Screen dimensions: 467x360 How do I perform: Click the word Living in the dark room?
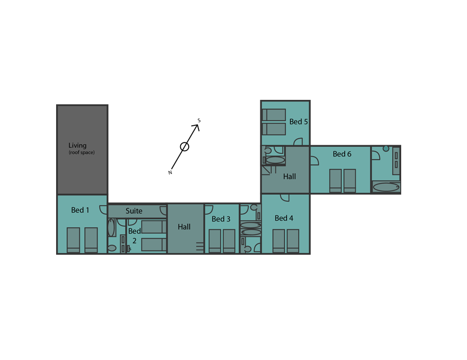point(78,145)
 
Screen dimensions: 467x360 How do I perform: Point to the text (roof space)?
point(81,152)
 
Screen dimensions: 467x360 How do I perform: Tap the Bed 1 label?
point(80,210)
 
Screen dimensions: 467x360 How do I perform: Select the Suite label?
point(134,211)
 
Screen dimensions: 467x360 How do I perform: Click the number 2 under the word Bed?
point(134,241)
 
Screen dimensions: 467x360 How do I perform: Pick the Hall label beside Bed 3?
point(184,227)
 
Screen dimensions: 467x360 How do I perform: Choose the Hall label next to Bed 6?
point(290,176)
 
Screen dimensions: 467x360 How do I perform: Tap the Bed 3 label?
point(221,219)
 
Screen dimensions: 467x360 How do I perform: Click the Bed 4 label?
point(284,218)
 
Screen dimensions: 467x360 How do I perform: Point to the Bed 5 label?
point(298,121)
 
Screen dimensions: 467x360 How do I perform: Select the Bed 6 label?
point(342,154)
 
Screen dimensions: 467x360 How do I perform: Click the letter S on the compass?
point(199,120)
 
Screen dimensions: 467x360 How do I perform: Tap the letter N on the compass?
point(170,173)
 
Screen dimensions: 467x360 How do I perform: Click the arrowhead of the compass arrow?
point(197,126)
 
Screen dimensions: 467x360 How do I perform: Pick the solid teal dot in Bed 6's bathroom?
point(386,148)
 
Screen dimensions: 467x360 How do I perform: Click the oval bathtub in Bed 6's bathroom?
point(386,187)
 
